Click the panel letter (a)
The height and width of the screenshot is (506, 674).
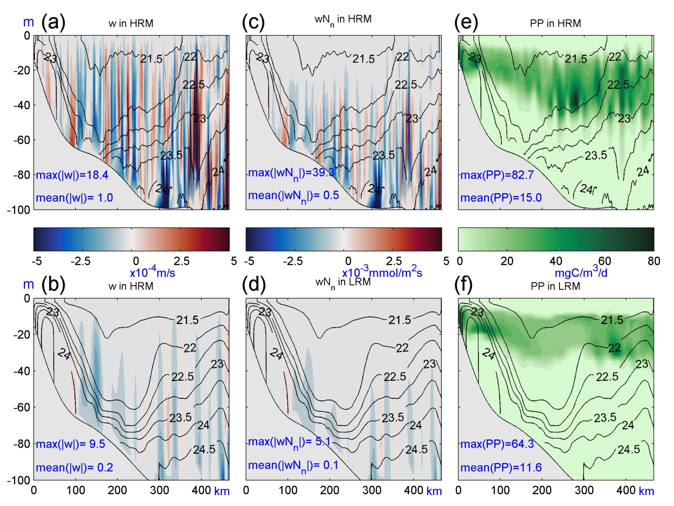[53, 22]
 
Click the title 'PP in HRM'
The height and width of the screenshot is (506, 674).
[555, 23]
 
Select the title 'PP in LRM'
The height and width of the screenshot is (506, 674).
[555, 286]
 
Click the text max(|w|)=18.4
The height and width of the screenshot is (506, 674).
[72, 175]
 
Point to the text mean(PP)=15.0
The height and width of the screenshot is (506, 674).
[501, 198]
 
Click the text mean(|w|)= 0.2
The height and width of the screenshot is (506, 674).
[74, 467]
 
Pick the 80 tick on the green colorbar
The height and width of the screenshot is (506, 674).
[653, 261]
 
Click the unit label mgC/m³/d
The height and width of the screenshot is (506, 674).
[581, 272]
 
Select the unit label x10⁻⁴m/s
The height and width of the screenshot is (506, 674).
[152, 272]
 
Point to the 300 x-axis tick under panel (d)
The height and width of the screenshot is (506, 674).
[372, 490]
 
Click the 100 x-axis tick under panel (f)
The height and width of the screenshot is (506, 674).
[500, 490]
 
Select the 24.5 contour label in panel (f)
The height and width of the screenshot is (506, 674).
[629, 449]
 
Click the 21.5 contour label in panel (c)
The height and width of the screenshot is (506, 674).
[364, 59]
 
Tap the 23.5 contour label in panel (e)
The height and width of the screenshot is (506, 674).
[596, 155]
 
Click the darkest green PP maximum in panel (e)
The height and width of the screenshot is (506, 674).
[576, 98]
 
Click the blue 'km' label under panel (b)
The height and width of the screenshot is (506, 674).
[222, 491]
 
